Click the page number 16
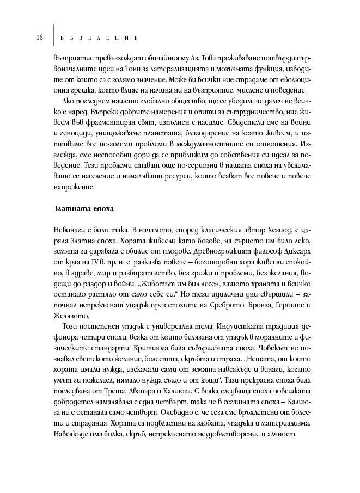(x=40, y=38)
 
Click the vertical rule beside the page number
(x=53, y=36)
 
